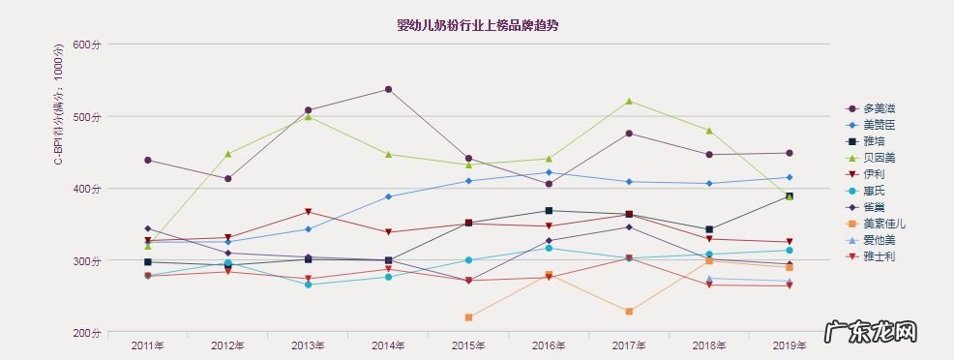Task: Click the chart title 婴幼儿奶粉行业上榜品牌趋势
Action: [x=477, y=25]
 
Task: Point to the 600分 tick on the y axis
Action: [x=87, y=45]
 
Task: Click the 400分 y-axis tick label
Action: [x=87, y=189]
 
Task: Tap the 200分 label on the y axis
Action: [x=87, y=333]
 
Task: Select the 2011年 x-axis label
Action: [x=147, y=345]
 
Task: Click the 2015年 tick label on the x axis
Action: [x=468, y=345]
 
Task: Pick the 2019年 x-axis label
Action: [x=790, y=345]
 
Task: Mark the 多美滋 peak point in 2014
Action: [x=388, y=89]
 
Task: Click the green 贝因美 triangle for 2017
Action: [x=629, y=101]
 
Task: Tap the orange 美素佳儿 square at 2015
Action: [x=468, y=317]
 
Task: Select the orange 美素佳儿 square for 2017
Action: [x=629, y=312]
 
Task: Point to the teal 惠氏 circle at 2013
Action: [x=308, y=285]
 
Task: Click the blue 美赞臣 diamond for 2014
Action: [x=388, y=196]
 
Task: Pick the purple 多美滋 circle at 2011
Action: [x=147, y=160]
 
